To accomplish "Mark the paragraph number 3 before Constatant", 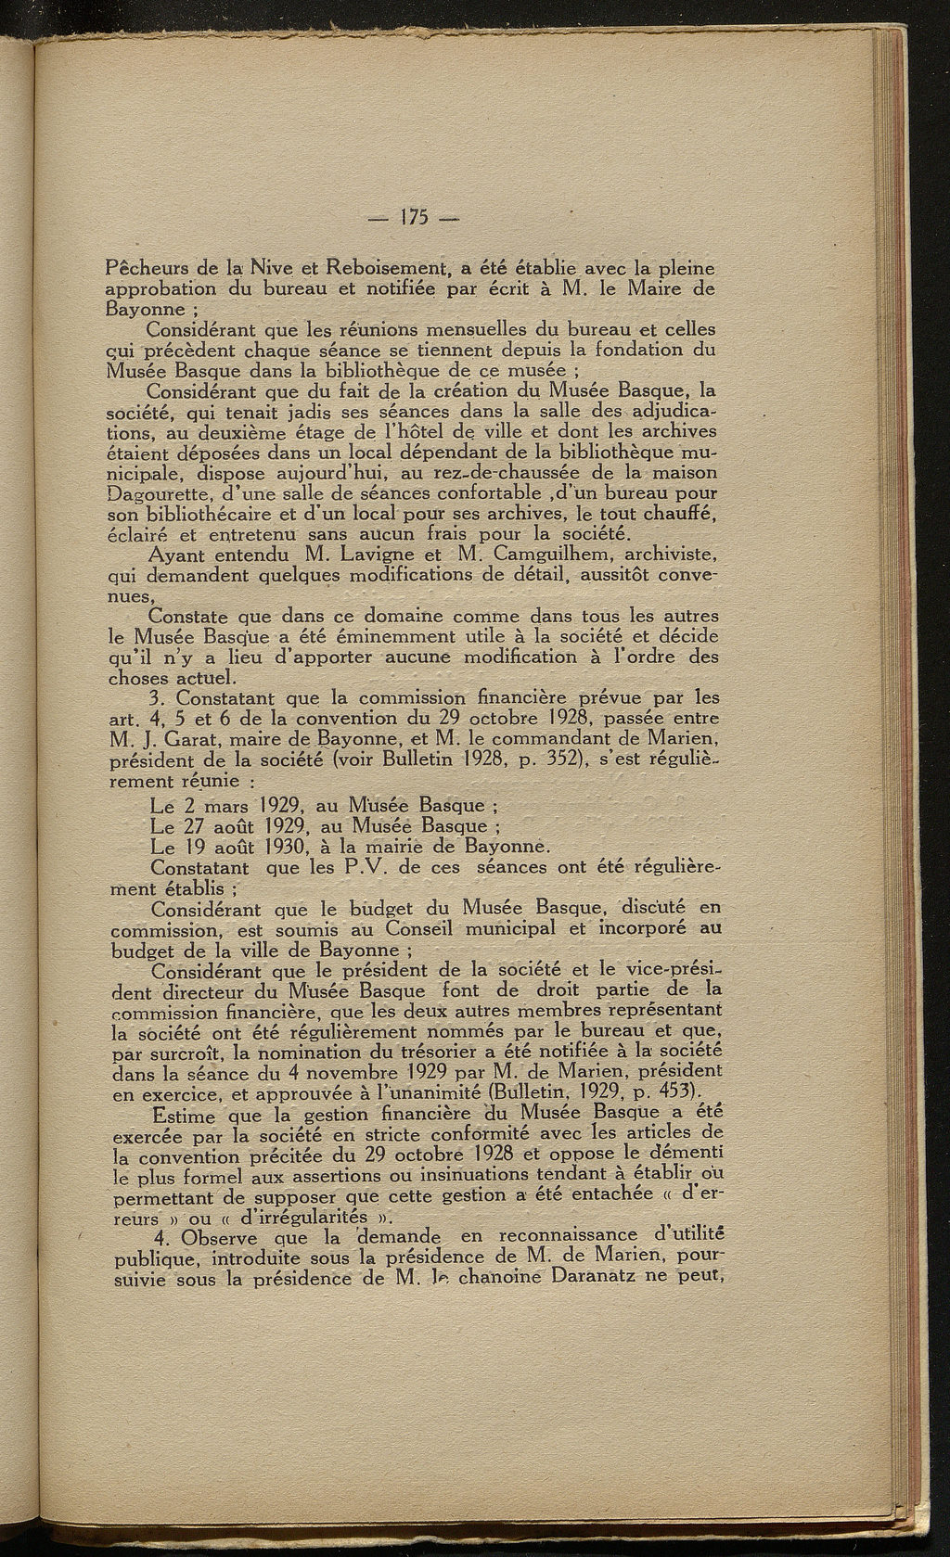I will (x=154, y=698).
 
